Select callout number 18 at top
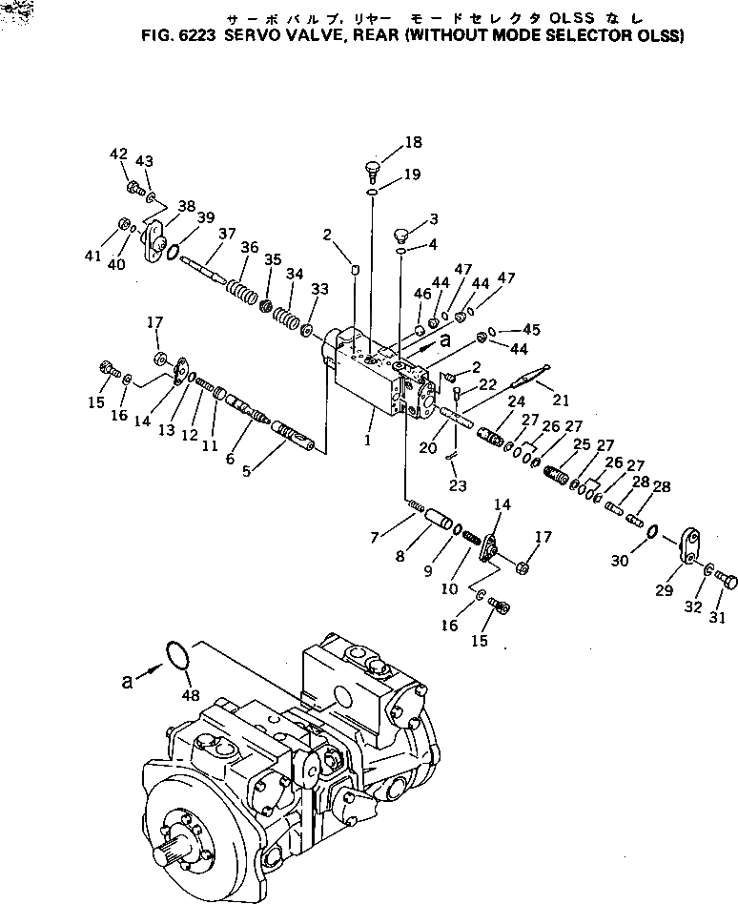pyautogui.click(x=411, y=143)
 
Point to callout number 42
pyautogui.click(x=118, y=154)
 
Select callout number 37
pyautogui.click(x=226, y=235)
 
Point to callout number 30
pyautogui.click(x=619, y=562)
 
